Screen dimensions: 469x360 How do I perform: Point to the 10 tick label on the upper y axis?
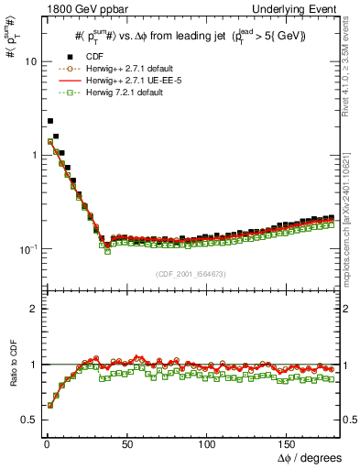tap(29, 61)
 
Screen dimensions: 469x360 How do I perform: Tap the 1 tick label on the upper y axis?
tap(32, 155)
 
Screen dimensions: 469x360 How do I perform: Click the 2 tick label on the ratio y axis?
tap(32, 309)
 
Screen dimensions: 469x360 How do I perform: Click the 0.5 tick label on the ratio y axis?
tap(28, 420)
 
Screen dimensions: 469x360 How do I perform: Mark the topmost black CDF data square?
tap(50, 121)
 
